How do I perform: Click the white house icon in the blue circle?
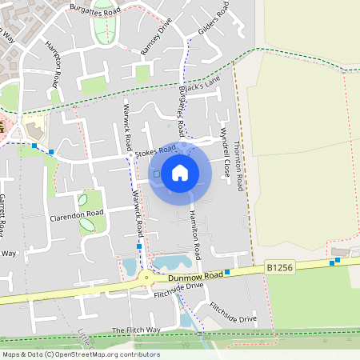pos(179,172)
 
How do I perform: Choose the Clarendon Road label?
pos(77,215)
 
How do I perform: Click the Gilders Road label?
pos(213,18)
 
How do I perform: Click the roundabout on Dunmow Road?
pos(146,278)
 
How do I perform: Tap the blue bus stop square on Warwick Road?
pos(139,247)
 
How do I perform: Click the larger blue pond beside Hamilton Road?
pos(171,262)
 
